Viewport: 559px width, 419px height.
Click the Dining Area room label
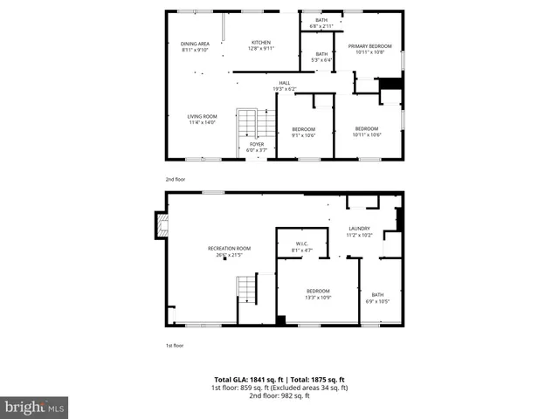pyautogui.click(x=195, y=46)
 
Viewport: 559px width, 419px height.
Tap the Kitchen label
pyautogui.click(x=262, y=45)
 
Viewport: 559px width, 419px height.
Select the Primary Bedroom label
pyautogui.click(x=369, y=49)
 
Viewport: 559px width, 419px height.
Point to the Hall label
pyautogui.click(x=285, y=86)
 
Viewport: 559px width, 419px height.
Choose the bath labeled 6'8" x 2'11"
pyautogui.click(x=321, y=23)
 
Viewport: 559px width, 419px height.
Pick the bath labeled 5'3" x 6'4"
pyautogui.click(x=321, y=57)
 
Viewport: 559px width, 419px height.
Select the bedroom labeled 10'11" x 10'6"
pyautogui.click(x=367, y=132)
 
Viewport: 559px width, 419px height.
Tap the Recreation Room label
pyautogui.click(x=229, y=251)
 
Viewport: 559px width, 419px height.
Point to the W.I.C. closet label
pyautogui.click(x=300, y=247)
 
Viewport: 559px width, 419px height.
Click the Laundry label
pyautogui.click(x=359, y=231)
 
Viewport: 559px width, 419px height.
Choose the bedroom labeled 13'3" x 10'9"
pyautogui.click(x=318, y=293)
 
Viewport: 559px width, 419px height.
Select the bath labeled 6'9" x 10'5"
pyautogui.click(x=377, y=298)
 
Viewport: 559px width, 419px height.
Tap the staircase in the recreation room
pyautogui.click(x=247, y=288)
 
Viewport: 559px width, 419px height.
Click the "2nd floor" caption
pyautogui.click(x=176, y=178)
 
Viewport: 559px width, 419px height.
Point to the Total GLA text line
pyautogui.click(x=279, y=380)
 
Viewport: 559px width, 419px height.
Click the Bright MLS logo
pyautogui.click(x=35, y=407)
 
